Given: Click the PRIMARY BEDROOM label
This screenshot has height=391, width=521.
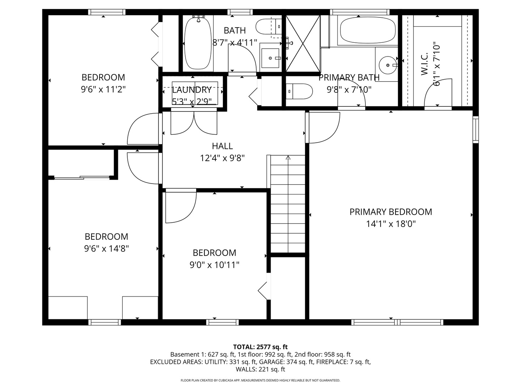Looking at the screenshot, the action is [x=390, y=212].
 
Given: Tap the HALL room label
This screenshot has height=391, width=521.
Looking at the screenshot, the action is [x=222, y=146].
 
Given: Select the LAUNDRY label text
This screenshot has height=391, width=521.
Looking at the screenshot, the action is [x=191, y=90].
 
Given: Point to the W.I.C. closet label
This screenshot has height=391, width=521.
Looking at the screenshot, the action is [x=424, y=64].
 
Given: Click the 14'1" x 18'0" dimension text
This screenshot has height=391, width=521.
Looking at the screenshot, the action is [x=391, y=224].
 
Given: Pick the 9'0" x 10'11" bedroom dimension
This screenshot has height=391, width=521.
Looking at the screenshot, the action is [x=214, y=265].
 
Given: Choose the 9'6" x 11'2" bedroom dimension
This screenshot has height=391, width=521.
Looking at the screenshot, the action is [x=103, y=89].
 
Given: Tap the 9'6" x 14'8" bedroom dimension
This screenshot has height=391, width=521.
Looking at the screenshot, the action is [x=106, y=249].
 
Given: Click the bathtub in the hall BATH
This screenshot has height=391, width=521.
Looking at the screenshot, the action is [x=198, y=43].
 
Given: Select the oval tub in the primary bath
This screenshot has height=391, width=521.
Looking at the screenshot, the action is [x=368, y=30].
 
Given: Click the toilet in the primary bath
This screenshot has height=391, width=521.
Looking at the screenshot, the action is [x=299, y=91].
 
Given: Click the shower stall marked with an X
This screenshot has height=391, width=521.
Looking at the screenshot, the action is [x=303, y=43].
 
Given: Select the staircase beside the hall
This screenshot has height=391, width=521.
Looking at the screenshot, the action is [x=288, y=204].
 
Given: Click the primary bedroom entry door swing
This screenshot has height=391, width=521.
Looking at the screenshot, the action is [x=324, y=128].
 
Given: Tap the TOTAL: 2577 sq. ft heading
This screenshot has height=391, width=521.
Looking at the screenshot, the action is [x=260, y=347].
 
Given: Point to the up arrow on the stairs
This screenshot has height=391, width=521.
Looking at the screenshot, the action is [x=288, y=157].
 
